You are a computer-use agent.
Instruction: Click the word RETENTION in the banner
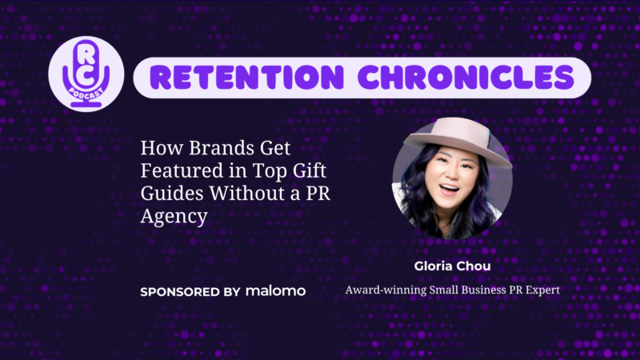[x=247, y=78]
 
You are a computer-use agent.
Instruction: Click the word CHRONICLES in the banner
[x=466, y=78]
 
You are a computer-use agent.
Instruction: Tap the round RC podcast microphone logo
[x=86, y=74]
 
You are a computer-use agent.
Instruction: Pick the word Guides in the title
[x=172, y=193]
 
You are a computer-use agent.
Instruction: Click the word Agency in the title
[x=174, y=216]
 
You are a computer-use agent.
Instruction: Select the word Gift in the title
[x=309, y=170]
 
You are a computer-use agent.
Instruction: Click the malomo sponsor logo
[x=275, y=291]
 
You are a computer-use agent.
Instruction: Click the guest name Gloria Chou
[x=452, y=266]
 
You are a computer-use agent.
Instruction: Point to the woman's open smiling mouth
[x=449, y=190]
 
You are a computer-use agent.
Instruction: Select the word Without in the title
[x=247, y=193]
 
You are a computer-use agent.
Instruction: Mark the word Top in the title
[x=270, y=171]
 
